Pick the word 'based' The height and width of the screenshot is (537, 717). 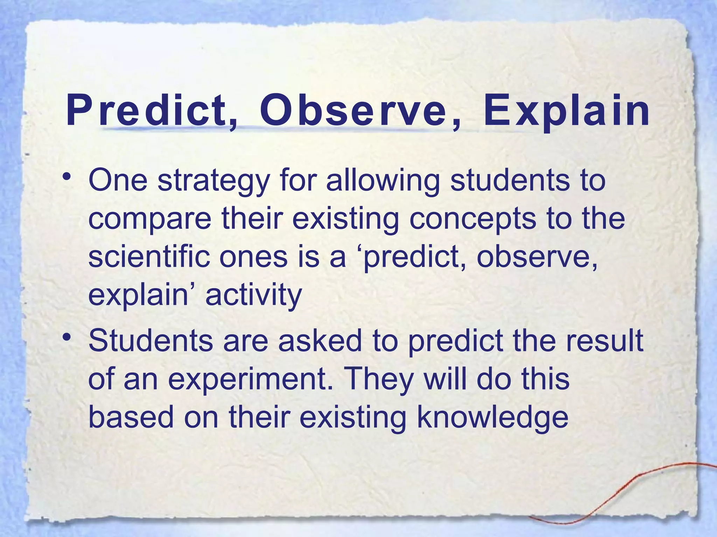click(x=131, y=417)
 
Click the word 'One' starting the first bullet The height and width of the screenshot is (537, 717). click(x=118, y=181)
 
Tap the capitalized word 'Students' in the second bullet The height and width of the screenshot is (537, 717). click(x=150, y=341)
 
